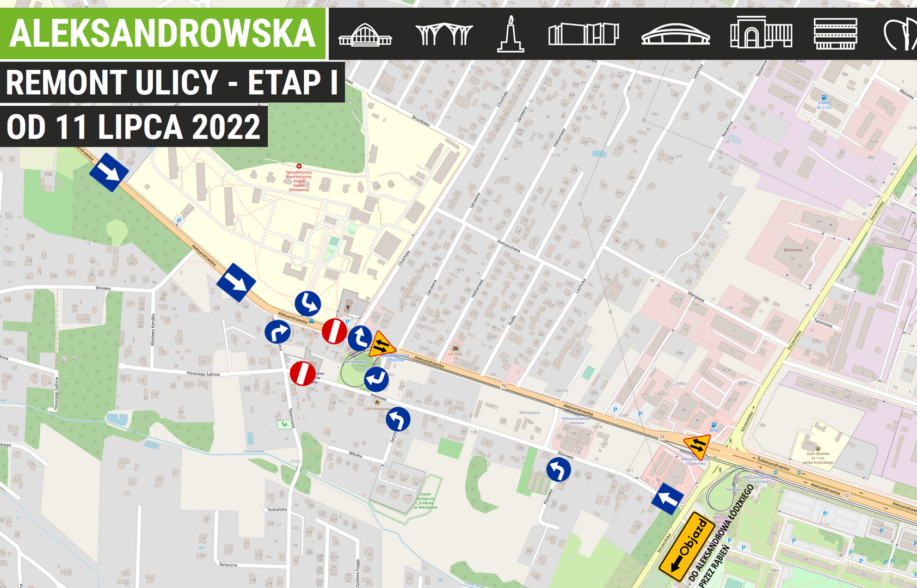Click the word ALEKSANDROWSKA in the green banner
click(x=162, y=34)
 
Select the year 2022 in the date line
click(x=226, y=127)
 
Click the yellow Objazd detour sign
click(x=686, y=546)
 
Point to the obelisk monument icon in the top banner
click(x=510, y=34)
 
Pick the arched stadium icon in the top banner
click(x=675, y=34)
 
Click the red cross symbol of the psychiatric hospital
click(x=299, y=166)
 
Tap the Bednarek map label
click(x=793, y=250)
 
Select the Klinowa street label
click(x=103, y=288)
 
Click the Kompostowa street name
click(x=508, y=246)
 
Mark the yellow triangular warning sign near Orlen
click(x=697, y=446)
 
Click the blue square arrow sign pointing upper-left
click(x=668, y=498)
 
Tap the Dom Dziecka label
click(x=818, y=454)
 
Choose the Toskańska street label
click(x=276, y=510)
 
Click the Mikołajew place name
click(x=530, y=413)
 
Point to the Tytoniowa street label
click(x=823, y=322)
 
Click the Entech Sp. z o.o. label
click(x=824, y=105)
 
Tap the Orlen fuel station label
click(x=713, y=430)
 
